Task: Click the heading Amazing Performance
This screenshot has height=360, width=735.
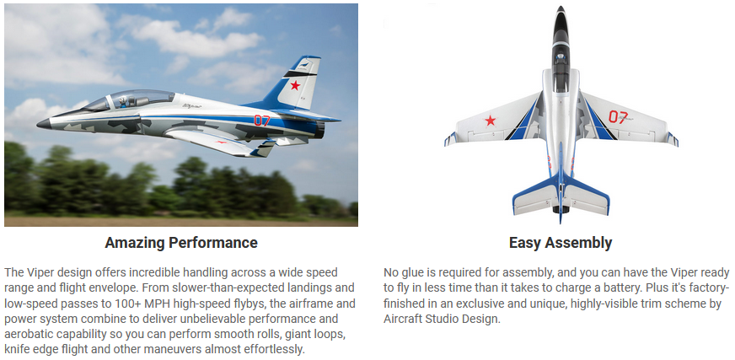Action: (181, 243)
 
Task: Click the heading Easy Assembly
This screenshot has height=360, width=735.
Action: (561, 243)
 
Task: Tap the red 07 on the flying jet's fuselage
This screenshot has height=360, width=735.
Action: (262, 121)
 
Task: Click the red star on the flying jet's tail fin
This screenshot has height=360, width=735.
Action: (295, 85)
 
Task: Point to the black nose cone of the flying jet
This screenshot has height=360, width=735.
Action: (44, 124)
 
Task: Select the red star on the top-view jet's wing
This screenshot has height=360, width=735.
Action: (490, 121)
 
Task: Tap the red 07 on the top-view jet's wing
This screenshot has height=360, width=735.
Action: (618, 116)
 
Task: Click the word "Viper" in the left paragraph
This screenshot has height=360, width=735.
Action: (38, 272)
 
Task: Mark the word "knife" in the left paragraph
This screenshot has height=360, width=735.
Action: (17, 350)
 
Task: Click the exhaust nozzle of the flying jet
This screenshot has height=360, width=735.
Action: (319, 129)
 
